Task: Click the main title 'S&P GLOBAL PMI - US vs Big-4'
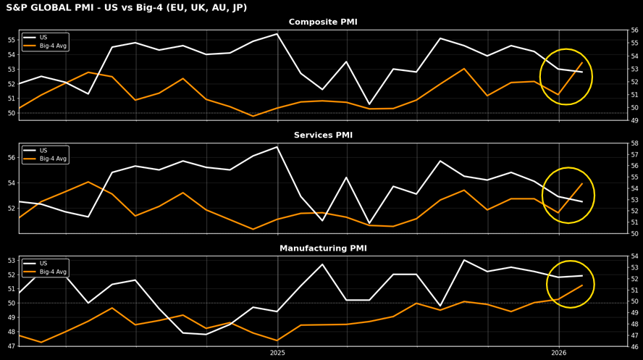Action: pos(126,8)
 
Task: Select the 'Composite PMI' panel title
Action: pos(323,22)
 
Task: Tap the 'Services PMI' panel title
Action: pos(323,135)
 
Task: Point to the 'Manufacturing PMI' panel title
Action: pos(323,248)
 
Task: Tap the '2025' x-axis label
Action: pos(277,353)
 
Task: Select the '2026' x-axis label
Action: pos(558,353)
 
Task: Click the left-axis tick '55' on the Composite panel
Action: pos(12,39)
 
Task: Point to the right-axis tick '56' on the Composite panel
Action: pos(634,30)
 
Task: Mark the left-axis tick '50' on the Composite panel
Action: pos(12,113)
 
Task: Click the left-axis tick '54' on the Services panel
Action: pos(12,183)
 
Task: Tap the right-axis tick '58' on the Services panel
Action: pos(634,143)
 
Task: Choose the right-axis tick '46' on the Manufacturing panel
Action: pos(634,346)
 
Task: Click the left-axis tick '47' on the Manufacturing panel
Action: pos(12,346)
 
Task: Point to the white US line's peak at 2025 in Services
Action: pos(277,147)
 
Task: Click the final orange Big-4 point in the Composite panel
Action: pos(582,62)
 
